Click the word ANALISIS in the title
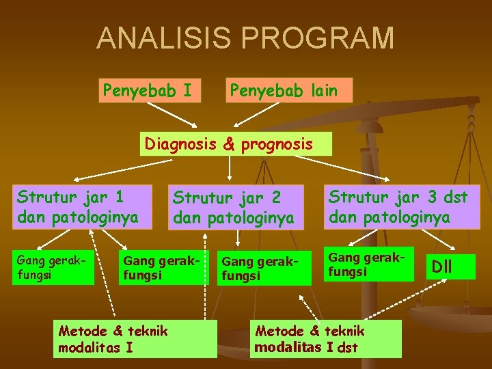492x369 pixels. click(x=159, y=38)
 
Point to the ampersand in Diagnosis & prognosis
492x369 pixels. click(x=228, y=145)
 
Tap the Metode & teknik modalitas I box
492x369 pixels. click(x=135, y=339)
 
